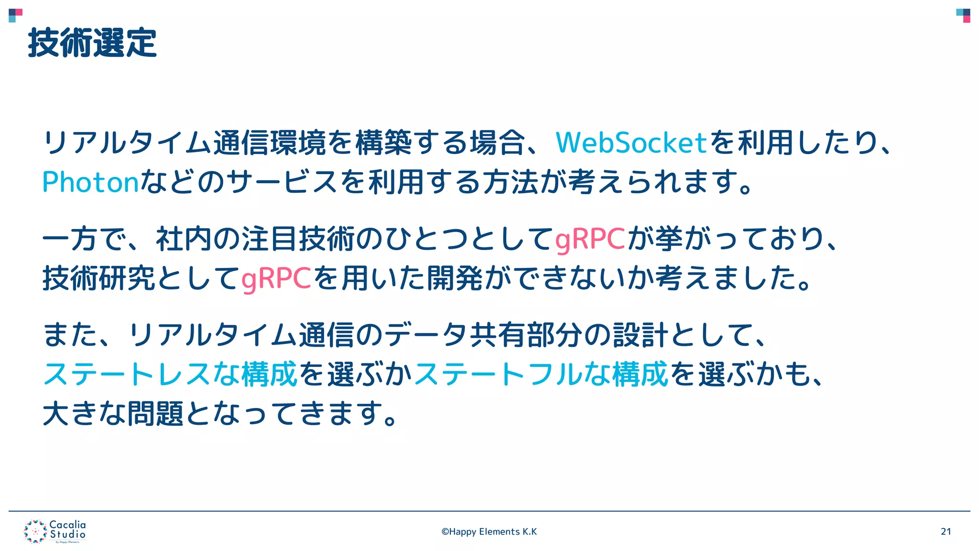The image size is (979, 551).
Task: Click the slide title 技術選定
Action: click(92, 43)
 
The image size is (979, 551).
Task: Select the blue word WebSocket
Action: click(631, 143)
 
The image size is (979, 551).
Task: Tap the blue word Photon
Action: click(90, 182)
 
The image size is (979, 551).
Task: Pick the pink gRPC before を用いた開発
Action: click(276, 278)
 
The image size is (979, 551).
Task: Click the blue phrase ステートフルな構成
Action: click(541, 374)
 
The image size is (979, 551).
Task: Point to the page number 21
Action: click(946, 531)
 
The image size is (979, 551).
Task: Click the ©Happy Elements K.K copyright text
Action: click(489, 531)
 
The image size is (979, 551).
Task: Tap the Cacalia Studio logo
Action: click(55, 531)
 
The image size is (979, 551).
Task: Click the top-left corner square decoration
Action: click(15, 15)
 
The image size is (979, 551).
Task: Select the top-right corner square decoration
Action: click(963, 15)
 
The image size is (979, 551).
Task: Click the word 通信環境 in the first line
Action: click(270, 143)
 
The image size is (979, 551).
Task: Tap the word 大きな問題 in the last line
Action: click(113, 414)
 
